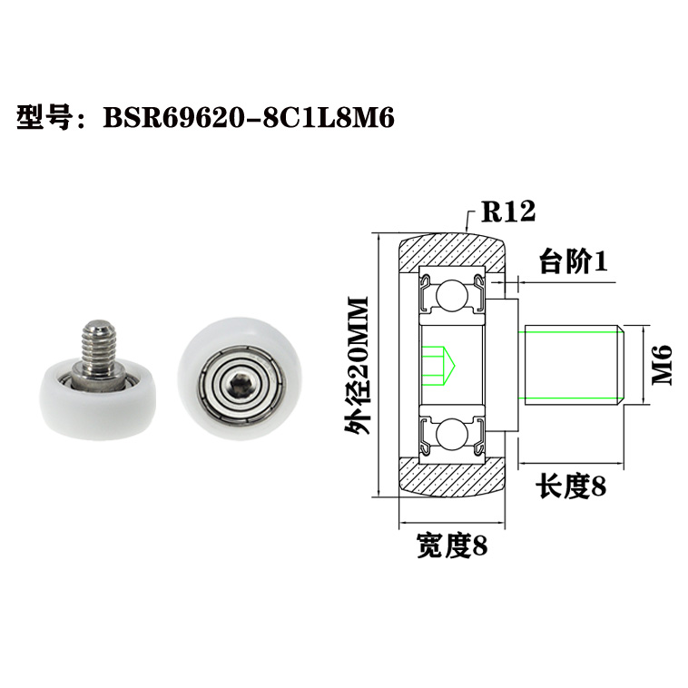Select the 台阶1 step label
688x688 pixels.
572,262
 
